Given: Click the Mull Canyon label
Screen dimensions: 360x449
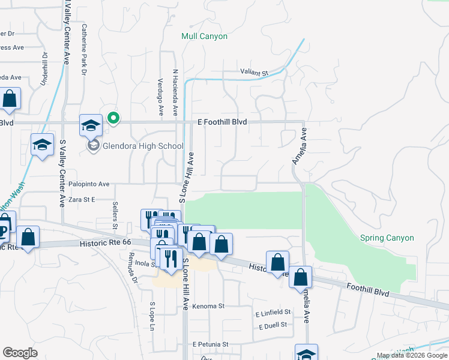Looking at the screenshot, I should tap(205, 37).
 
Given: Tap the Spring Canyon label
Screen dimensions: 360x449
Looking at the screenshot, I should tap(387, 238).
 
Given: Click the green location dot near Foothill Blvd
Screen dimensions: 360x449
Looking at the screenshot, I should tap(113, 118).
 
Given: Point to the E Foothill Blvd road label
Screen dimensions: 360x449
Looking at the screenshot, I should tap(222, 122).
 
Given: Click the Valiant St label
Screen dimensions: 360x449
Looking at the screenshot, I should tap(253, 72).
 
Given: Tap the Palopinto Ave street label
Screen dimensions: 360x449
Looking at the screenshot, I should tap(89, 184).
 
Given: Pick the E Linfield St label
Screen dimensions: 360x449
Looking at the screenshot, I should tap(273, 313).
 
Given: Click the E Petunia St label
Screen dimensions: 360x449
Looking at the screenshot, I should tap(210, 344).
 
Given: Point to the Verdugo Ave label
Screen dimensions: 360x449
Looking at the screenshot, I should tap(160, 97).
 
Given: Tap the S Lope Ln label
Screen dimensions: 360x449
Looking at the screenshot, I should tap(152, 317).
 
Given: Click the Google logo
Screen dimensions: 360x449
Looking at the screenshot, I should tap(20, 352).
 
